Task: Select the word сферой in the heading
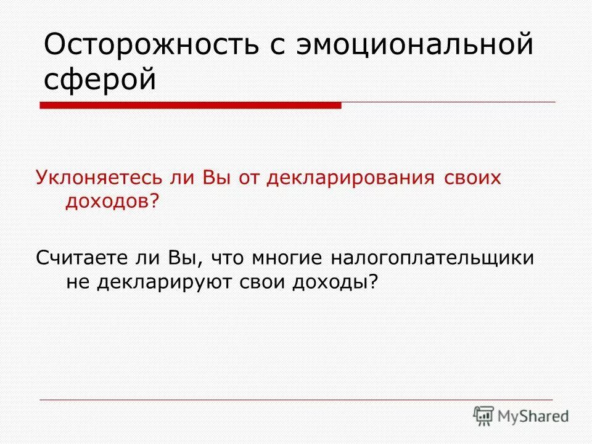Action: [x=101, y=80]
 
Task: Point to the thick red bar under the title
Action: [x=191, y=105]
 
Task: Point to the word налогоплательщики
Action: [x=432, y=258]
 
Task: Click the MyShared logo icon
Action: [x=483, y=415]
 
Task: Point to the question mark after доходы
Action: [x=372, y=281]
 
